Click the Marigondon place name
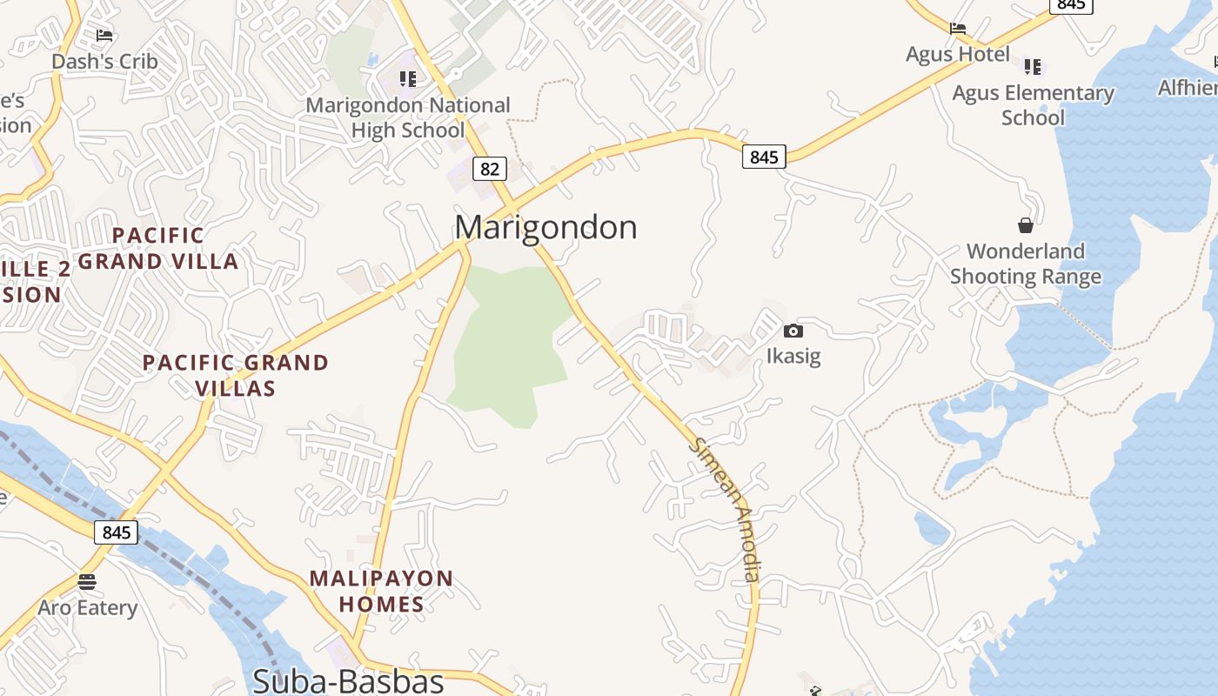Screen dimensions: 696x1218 [545, 227]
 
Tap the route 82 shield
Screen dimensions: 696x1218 [490, 169]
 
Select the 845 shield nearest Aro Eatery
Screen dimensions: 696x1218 [116, 532]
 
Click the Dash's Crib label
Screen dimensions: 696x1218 [104, 61]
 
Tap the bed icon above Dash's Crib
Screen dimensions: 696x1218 [104, 36]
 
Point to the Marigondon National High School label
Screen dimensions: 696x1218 [408, 117]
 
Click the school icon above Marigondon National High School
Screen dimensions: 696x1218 [408, 79]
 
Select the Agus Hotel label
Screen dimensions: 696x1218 [958, 54]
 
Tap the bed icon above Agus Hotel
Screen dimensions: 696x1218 [958, 29]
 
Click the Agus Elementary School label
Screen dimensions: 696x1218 [1033, 104]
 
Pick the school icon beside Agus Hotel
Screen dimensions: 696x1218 [1033, 66]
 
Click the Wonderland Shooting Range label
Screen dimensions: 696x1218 [1026, 264]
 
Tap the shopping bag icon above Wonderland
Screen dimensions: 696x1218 [1026, 225]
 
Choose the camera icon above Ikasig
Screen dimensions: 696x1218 [793, 331]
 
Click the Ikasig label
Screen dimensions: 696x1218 [793, 356]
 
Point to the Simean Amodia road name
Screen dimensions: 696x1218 [726, 509]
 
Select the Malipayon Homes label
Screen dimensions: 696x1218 [381, 591]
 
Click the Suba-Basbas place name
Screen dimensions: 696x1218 [348, 680]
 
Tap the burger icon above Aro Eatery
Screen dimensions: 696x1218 [87, 581]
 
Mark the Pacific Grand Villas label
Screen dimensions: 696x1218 [236, 375]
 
